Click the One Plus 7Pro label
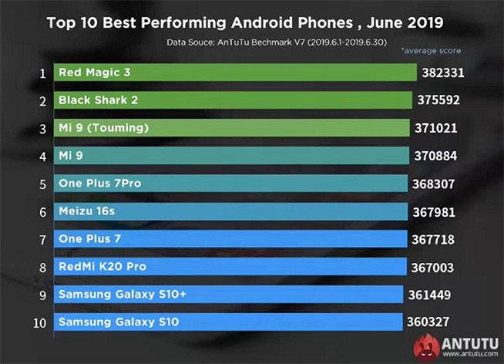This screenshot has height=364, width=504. click(x=99, y=184)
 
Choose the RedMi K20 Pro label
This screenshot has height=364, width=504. click(x=102, y=267)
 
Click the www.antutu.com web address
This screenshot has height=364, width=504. click(x=469, y=354)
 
